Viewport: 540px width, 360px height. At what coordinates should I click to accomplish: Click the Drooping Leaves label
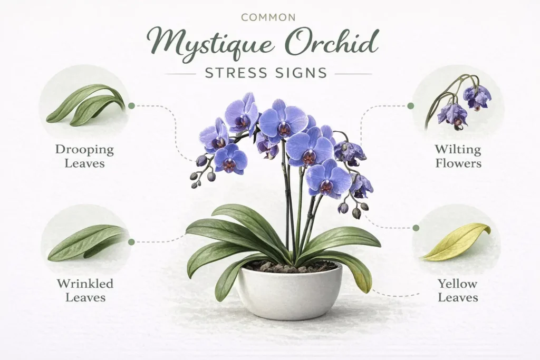click(84, 156)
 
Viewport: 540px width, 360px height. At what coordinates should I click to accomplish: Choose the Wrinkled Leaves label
click(85, 290)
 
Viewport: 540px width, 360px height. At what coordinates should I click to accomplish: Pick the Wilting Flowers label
click(458, 156)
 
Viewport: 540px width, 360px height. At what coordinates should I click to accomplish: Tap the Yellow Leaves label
click(458, 290)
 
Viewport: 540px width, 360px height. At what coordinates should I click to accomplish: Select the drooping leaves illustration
click(85, 104)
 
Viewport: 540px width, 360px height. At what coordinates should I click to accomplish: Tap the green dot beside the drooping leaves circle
click(131, 105)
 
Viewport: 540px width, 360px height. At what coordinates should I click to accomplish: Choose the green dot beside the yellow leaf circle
click(416, 228)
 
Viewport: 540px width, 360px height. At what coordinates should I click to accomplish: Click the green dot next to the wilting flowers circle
click(411, 106)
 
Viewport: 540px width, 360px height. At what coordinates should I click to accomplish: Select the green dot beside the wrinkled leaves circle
click(131, 242)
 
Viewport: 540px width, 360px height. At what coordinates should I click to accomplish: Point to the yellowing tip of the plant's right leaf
click(363, 279)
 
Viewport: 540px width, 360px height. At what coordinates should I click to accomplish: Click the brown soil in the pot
click(290, 266)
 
